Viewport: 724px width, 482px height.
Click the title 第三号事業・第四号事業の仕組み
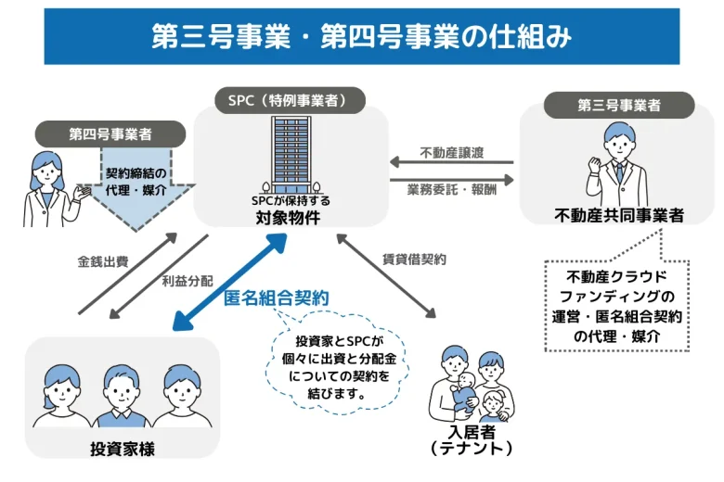(x=361, y=36)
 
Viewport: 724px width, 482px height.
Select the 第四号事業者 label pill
(x=110, y=134)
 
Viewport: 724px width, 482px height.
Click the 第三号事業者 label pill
(x=618, y=105)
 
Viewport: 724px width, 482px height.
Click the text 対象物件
(x=290, y=219)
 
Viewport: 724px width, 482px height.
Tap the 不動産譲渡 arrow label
(x=452, y=152)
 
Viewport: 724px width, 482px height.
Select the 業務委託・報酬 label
(x=452, y=190)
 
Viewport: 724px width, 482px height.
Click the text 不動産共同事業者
(x=618, y=216)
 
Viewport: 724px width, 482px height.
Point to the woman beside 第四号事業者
(x=46, y=185)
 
